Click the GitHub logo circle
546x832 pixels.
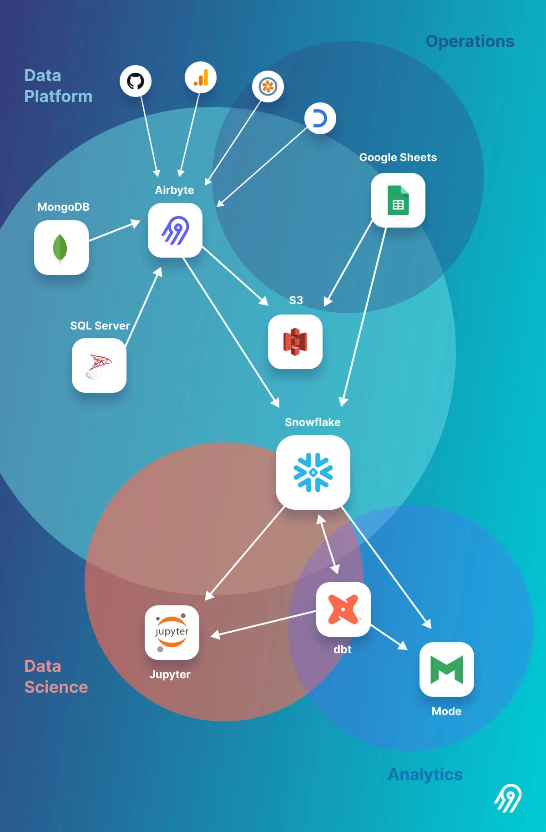(x=136, y=81)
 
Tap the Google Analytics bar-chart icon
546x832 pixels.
(x=201, y=77)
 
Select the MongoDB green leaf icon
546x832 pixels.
(x=61, y=248)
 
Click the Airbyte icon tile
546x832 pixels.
(x=175, y=230)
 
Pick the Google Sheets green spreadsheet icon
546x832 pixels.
(x=398, y=200)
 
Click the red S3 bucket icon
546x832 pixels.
(x=295, y=342)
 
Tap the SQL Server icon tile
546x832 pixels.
(x=99, y=365)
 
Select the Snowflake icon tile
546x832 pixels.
(x=313, y=472)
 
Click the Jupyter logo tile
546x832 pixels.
(x=172, y=632)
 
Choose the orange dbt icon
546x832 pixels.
(x=344, y=609)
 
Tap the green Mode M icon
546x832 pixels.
(x=447, y=670)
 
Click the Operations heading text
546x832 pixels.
(x=470, y=41)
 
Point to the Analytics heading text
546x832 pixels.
(x=425, y=774)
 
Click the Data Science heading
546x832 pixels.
(x=56, y=676)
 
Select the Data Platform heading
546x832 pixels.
(x=58, y=86)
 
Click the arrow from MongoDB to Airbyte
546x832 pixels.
(x=114, y=231)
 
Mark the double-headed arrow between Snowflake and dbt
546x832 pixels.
(x=328, y=544)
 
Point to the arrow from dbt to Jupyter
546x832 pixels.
(x=264, y=623)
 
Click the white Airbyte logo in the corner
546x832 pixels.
(x=508, y=798)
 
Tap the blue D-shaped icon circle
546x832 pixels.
(x=320, y=118)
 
